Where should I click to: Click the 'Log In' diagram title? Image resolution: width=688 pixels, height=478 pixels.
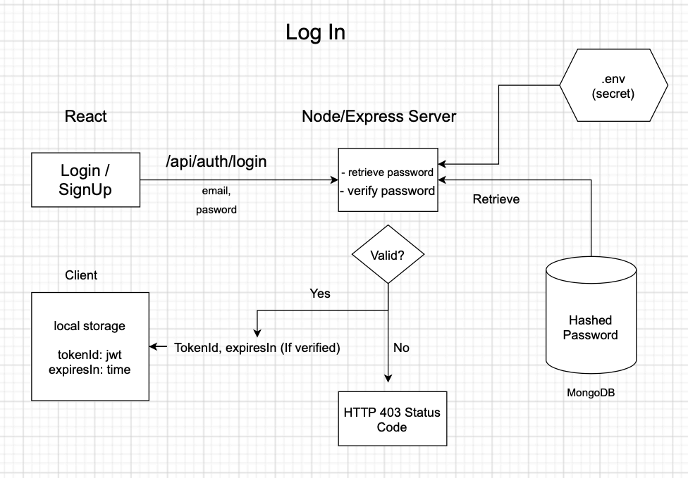(x=315, y=32)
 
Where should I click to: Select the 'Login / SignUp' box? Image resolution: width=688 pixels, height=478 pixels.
(x=86, y=180)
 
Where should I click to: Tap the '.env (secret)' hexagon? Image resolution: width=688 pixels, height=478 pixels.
(x=613, y=85)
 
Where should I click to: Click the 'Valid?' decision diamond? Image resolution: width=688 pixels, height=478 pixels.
(x=388, y=255)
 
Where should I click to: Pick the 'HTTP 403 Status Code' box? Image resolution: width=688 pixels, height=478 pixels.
(x=393, y=419)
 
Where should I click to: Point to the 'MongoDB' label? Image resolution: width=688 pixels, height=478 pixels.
(x=591, y=391)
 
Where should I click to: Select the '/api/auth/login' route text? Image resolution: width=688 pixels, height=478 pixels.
(x=216, y=162)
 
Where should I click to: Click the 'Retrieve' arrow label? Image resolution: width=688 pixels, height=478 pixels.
(x=496, y=199)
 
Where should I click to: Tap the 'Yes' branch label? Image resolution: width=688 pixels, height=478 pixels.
(x=319, y=294)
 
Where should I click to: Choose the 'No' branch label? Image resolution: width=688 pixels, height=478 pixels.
(x=401, y=347)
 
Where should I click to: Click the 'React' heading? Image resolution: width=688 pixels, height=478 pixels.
(x=86, y=116)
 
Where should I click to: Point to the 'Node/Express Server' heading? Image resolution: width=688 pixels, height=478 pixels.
(x=379, y=116)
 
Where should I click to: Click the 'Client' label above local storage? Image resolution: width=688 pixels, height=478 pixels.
(x=81, y=275)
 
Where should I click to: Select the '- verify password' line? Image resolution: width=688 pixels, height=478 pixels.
(x=388, y=191)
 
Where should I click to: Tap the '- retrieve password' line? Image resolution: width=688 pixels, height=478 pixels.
(x=388, y=172)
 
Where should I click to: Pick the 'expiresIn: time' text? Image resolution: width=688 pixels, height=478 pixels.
(x=90, y=369)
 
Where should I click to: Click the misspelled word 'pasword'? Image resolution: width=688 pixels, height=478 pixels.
(x=216, y=209)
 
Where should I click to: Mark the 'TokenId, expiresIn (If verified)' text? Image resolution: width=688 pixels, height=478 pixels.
(x=257, y=347)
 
